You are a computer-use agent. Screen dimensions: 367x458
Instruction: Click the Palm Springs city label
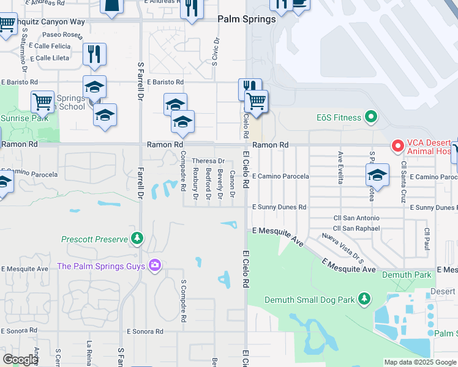[247, 19]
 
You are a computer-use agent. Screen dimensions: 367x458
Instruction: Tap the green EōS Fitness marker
[370, 116]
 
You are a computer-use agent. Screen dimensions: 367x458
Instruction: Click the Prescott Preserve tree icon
[138, 239]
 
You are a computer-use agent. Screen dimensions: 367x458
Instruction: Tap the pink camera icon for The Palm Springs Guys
[154, 265]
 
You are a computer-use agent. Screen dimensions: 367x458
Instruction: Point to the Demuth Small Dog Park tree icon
[364, 299]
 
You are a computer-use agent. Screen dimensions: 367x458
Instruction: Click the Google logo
[20, 359]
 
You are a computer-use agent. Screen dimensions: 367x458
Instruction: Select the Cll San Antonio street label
[356, 218]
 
